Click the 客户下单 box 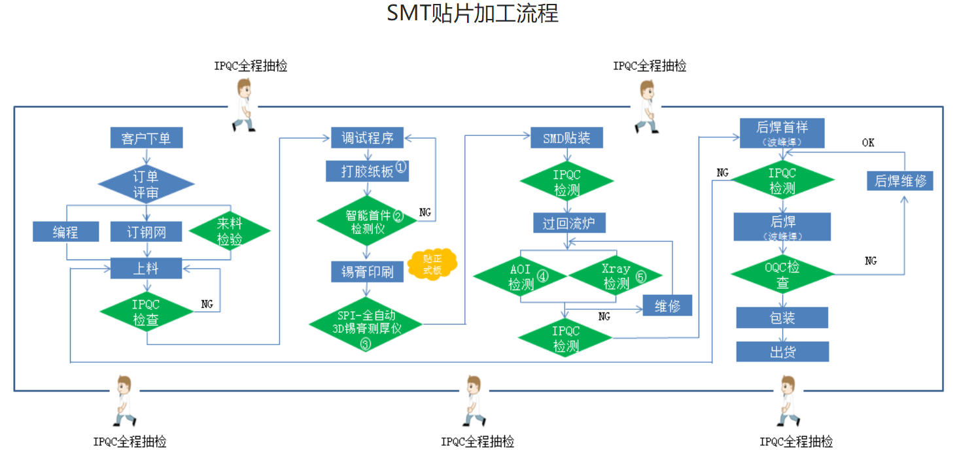146,139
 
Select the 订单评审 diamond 146,184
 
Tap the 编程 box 65,232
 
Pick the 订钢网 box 146,232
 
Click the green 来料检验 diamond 230,231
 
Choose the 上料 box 146,268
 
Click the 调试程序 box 367,138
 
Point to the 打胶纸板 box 367,171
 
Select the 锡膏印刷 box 367,272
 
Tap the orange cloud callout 432,263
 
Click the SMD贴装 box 566,138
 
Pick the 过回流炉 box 569,223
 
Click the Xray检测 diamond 616,277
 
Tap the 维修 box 667,306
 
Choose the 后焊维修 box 900,180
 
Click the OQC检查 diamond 782,275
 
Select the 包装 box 782,318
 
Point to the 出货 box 782,352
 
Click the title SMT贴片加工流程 473,14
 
